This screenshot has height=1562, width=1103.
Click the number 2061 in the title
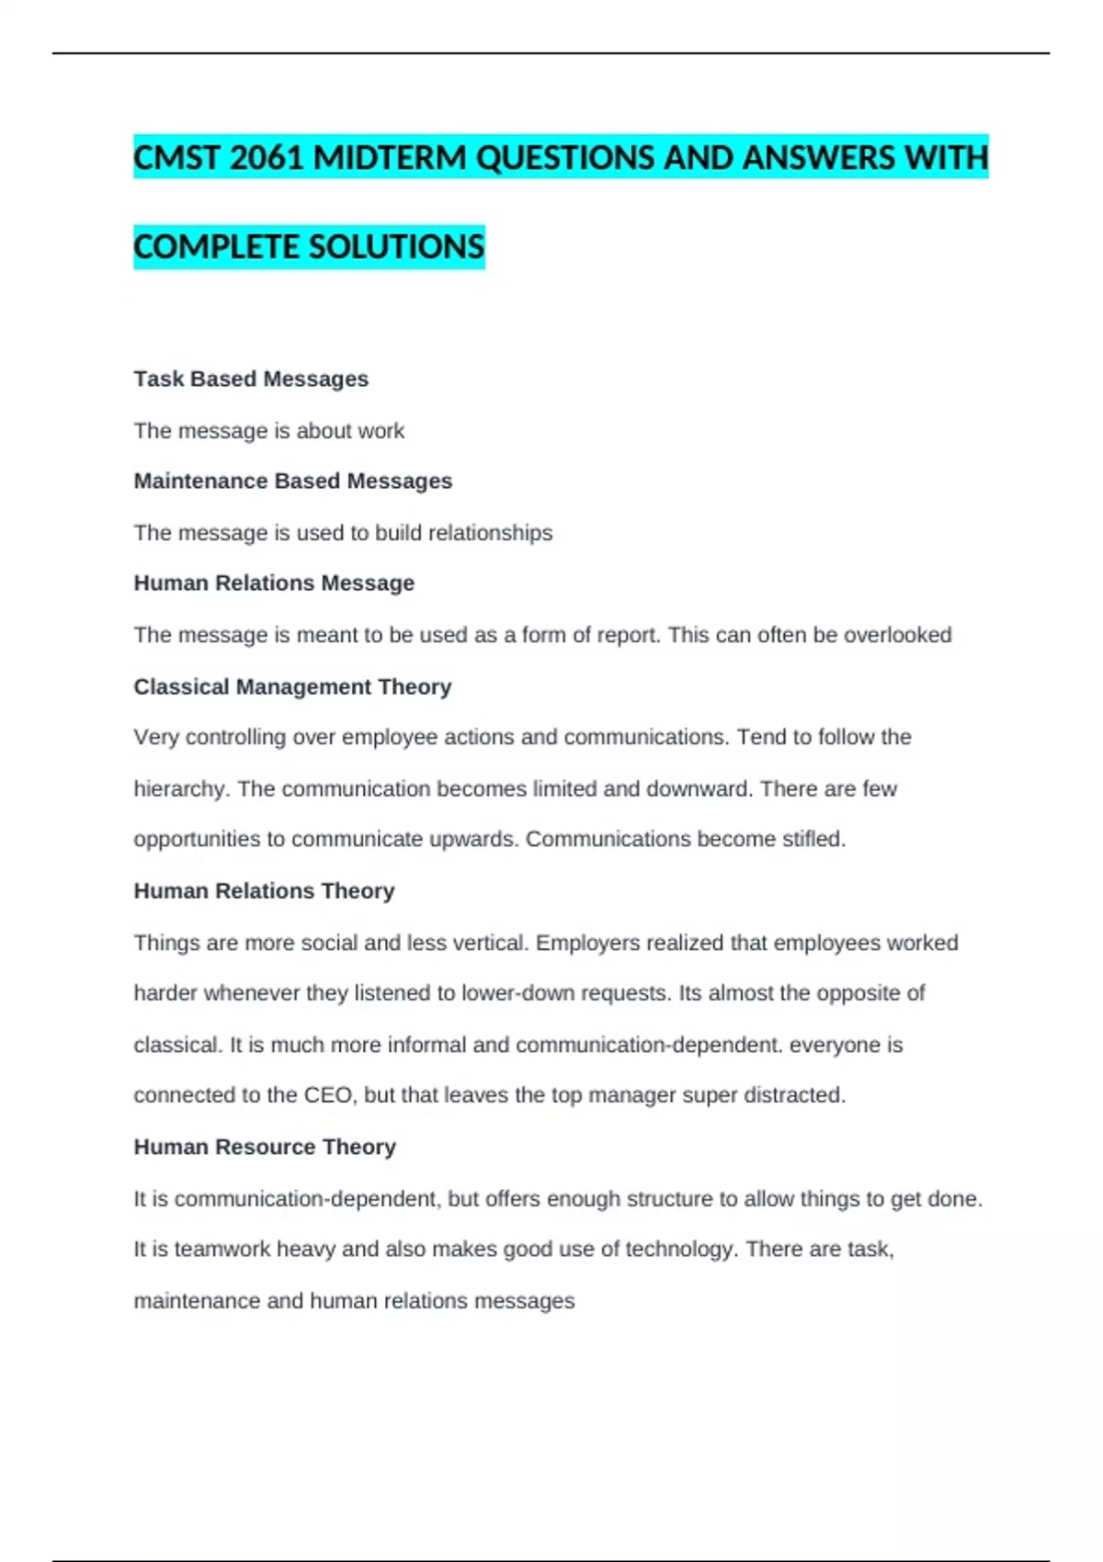[267, 158]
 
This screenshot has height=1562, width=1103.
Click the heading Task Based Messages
[251, 379]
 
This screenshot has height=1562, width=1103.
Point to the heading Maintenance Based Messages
[292, 481]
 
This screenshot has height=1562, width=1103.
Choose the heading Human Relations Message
[274, 583]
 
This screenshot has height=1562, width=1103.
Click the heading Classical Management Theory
[292, 687]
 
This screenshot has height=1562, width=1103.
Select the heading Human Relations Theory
[264, 891]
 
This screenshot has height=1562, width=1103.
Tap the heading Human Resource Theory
[265, 1148]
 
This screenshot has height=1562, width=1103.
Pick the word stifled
[813, 840]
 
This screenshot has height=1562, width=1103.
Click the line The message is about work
[268, 431]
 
